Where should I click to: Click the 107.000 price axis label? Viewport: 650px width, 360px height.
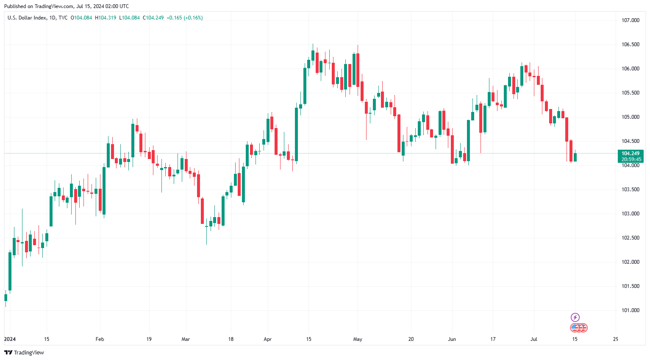tap(630, 20)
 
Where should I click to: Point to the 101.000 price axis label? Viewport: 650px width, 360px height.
tap(630, 310)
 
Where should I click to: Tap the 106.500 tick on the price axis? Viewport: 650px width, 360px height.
tap(630, 45)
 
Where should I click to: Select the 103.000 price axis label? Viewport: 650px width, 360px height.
tap(630, 214)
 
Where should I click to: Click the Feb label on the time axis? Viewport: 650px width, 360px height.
tap(100, 339)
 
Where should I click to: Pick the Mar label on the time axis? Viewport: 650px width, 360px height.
tap(186, 339)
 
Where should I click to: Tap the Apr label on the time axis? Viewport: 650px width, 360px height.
tap(267, 339)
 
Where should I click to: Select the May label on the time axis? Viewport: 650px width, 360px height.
tap(358, 339)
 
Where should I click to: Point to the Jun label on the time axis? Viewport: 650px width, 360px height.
tap(452, 339)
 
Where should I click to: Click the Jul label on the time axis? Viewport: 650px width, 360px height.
tap(534, 339)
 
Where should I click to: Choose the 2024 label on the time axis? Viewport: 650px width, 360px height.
tap(10, 339)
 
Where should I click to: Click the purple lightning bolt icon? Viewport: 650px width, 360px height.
tap(575, 317)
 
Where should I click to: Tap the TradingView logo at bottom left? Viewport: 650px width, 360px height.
tap(24, 353)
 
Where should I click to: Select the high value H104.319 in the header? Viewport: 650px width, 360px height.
tap(106, 18)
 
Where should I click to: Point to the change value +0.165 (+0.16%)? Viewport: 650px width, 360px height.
tap(184, 18)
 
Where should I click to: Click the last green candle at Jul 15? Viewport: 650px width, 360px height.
tap(575, 157)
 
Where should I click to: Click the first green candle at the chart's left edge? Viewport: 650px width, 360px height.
tap(6, 297)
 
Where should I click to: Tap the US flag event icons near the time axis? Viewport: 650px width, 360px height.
tap(579, 328)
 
